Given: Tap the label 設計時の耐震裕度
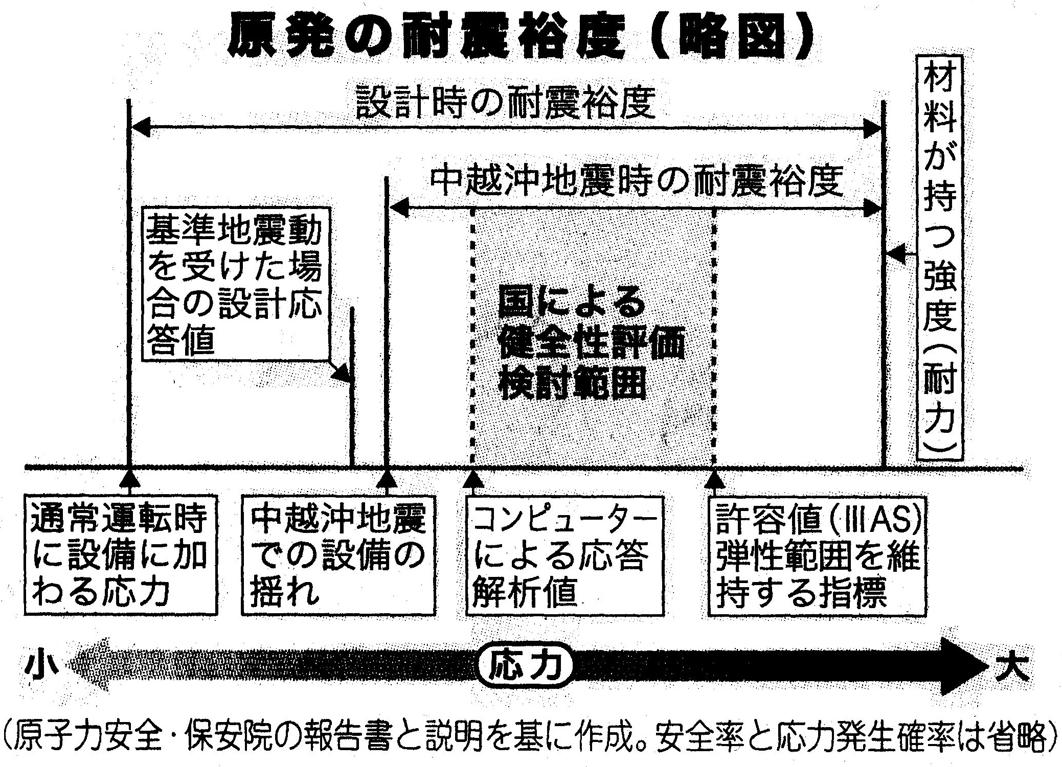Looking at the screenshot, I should tap(505, 102).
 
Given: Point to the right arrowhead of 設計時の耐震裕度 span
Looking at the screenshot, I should tap(872, 128).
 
